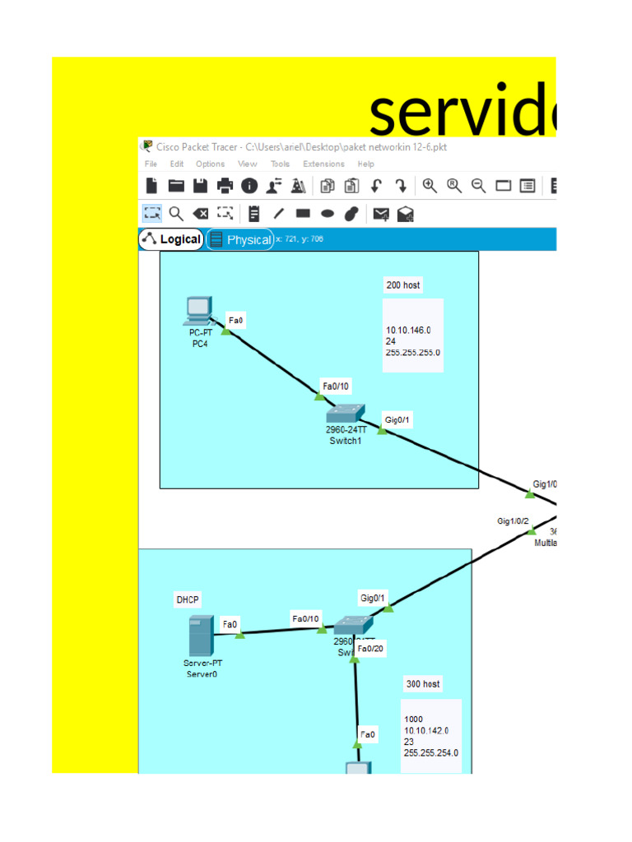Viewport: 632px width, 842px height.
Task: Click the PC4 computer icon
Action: coord(197,311)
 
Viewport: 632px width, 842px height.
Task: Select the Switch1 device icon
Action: coord(346,414)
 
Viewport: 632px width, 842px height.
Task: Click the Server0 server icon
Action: coord(202,636)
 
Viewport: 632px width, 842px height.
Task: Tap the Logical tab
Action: coord(171,239)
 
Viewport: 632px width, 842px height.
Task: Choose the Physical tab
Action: coord(240,239)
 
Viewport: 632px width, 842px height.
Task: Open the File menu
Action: coord(151,164)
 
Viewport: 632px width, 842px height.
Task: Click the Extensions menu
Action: coord(323,164)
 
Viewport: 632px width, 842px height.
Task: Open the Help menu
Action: coord(365,164)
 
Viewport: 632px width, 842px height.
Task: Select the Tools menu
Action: coord(280,164)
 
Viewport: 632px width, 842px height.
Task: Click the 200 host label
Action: coord(403,285)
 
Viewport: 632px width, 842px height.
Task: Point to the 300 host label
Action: coord(423,684)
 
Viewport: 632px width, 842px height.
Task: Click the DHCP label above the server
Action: coord(188,599)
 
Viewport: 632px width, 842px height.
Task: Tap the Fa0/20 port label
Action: coord(372,649)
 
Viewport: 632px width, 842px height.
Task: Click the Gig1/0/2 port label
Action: coord(513,521)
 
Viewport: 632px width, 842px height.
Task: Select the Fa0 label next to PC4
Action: coord(236,321)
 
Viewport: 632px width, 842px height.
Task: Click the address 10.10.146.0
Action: coord(408,331)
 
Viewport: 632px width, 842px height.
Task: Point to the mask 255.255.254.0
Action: coord(431,752)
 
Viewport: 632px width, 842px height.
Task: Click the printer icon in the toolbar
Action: coord(225,186)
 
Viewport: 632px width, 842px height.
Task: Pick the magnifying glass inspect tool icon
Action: coord(176,214)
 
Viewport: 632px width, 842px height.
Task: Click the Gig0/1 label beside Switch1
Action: coord(397,420)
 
